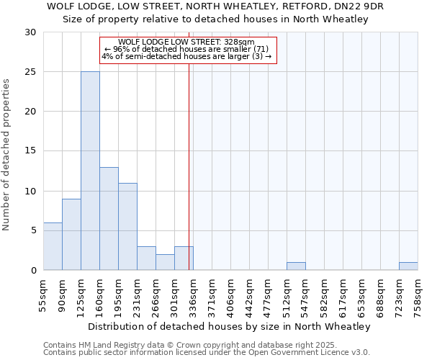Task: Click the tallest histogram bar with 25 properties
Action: pos(90,171)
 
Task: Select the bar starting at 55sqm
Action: pos(53,246)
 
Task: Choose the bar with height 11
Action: pos(127,226)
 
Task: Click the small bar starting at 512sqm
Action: pos(296,266)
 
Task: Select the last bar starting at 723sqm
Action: pos(408,266)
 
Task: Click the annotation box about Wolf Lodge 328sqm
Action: pos(187,49)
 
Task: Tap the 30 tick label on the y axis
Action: pos(30,32)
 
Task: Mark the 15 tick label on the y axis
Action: pos(30,151)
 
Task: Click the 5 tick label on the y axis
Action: pos(33,230)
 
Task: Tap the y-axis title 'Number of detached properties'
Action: pos(6,155)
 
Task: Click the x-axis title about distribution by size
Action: pos(230,326)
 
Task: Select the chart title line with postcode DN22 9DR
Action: pos(215,6)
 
